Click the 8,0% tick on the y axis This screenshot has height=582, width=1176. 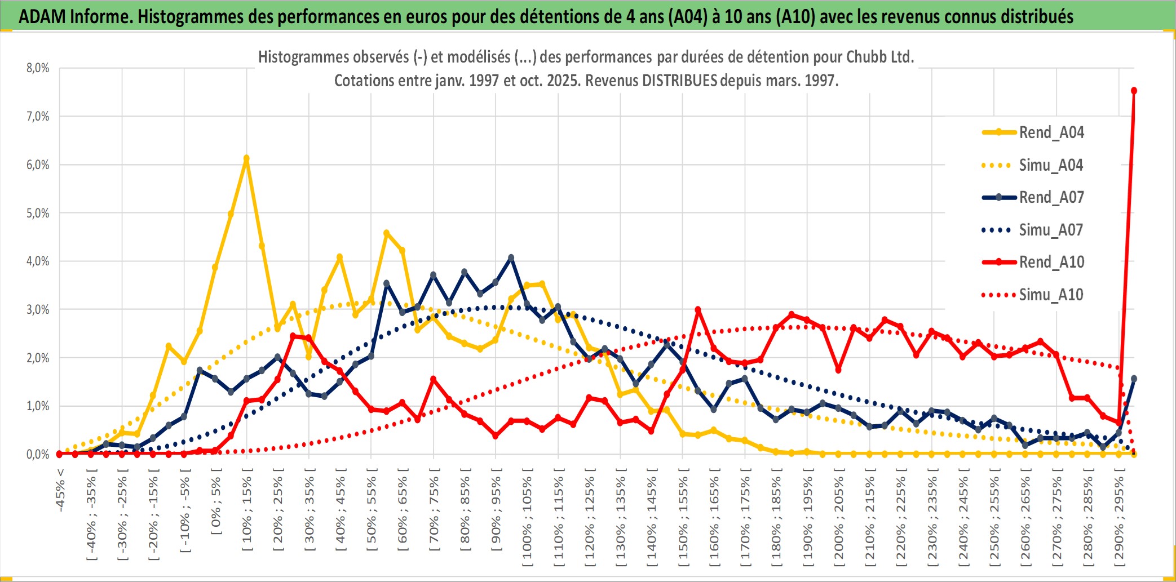(38, 68)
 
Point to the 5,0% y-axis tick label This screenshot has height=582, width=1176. (38, 213)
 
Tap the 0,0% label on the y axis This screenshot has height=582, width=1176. (38, 454)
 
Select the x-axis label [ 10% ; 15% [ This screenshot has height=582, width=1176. (247, 513)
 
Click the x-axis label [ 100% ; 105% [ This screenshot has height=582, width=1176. (527, 518)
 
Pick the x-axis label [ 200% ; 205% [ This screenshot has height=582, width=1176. (839, 518)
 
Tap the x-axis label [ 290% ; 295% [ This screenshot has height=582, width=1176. (1119, 518)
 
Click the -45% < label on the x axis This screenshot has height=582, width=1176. (60, 490)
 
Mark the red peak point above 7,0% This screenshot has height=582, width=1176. (1134, 91)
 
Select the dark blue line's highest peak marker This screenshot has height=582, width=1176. (511, 257)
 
